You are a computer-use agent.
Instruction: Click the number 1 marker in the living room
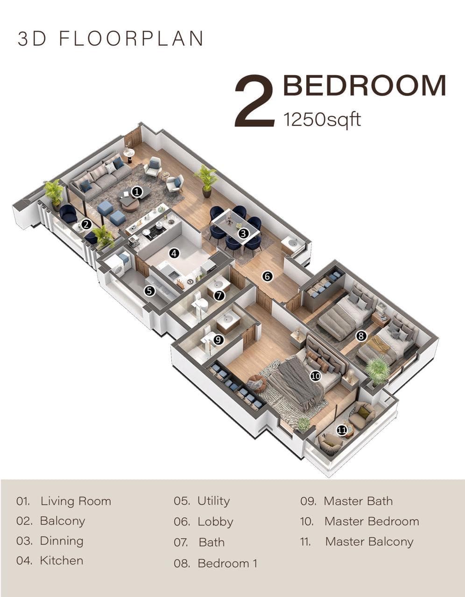[137, 192]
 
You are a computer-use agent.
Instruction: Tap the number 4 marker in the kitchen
[174, 253]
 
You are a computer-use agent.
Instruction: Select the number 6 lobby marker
[268, 277]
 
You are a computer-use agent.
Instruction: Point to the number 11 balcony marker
[342, 430]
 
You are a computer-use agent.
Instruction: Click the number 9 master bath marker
[218, 340]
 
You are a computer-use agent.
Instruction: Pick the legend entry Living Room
[76, 501]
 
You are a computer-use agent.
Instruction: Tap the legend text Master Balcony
[369, 542]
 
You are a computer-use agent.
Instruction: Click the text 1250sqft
[322, 119]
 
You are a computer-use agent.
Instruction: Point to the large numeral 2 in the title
[254, 102]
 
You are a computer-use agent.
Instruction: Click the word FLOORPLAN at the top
[132, 38]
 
